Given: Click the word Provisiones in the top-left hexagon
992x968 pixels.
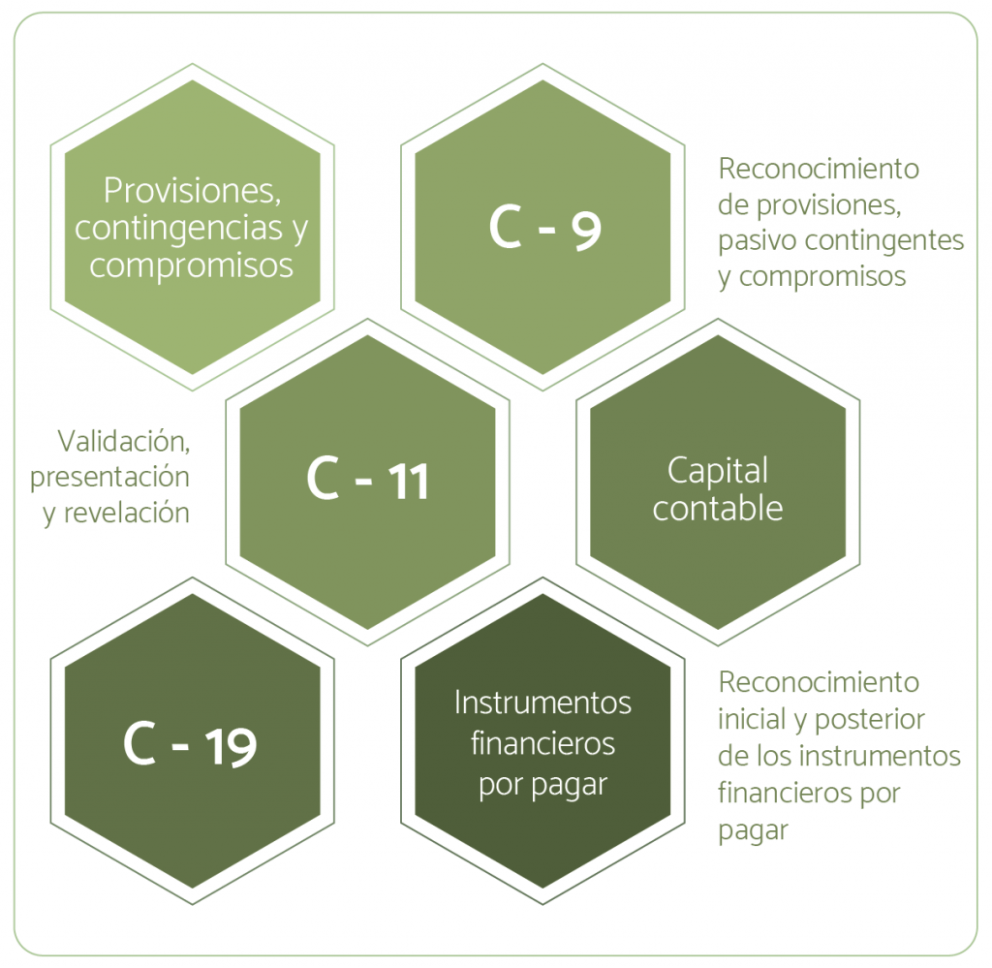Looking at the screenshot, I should pos(192,191).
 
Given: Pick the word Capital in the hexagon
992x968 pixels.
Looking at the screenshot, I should pos(717,471).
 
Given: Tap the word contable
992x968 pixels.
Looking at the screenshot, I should pos(717,509).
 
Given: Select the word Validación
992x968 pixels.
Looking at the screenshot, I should pos(123,440).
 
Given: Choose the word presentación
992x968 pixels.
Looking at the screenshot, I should pos(109,477).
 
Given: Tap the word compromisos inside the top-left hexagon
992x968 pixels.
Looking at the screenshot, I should pos(192,265).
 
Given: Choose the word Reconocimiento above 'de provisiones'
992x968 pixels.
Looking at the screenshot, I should pos(818,169).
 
